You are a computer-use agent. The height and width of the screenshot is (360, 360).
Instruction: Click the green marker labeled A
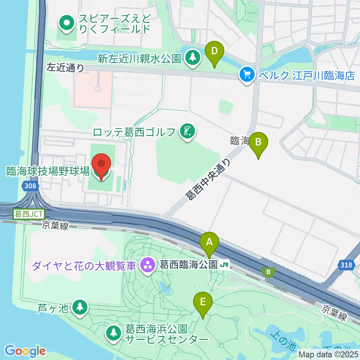[x=209, y=243]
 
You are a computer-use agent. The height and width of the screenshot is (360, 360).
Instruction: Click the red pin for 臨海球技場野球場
[x=102, y=165]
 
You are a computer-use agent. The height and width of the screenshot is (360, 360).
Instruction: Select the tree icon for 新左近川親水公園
[x=193, y=58]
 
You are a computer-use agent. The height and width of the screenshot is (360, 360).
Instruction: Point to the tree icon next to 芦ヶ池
[x=79, y=308]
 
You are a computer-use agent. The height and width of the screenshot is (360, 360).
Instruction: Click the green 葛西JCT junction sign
[x=29, y=214]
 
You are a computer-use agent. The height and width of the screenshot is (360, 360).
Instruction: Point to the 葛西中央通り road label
[x=208, y=179]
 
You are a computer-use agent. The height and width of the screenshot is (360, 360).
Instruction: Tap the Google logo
[x=25, y=351]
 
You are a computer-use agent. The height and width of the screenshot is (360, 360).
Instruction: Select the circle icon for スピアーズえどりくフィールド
[x=67, y=23]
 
